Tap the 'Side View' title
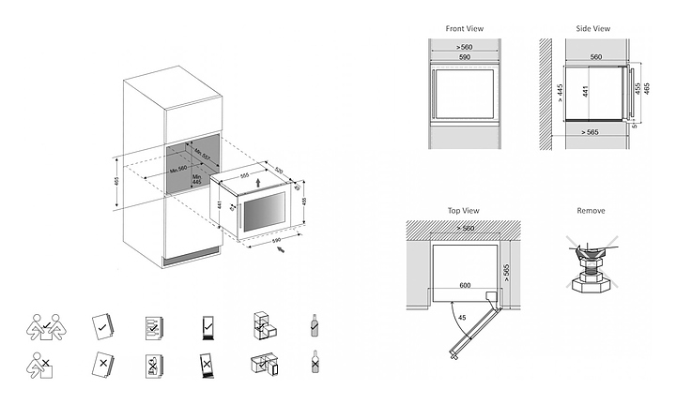pos(593,29)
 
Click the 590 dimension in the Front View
pos(464,58)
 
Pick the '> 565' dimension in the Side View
pos(588,132)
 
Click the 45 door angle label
pos(463,317)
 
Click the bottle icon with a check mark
pos(314,326)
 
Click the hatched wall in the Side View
pos(545,94)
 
